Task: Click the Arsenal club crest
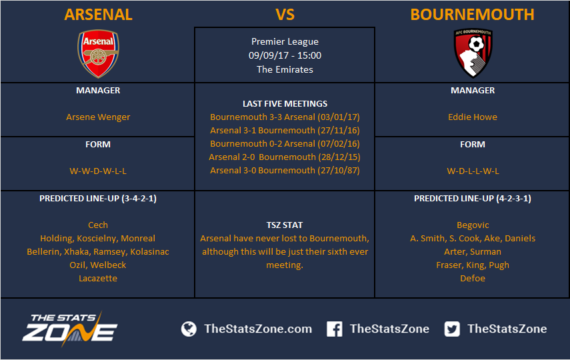[98, 54]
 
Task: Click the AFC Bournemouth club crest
[473, 53]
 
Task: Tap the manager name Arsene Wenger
[98, 117]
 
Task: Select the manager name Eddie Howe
[473, 117]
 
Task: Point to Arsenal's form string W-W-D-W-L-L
[98, 171]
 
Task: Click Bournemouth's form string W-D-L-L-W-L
[473, 171]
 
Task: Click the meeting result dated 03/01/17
[285, 117]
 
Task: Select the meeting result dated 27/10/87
[285, 171]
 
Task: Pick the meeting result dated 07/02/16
[285, 143]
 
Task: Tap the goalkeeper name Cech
[98, 225]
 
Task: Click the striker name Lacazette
[98, 279]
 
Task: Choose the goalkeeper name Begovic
[473, 225]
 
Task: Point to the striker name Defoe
[473, 279]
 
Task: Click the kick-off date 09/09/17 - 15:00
[285, 55]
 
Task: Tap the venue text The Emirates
[285, 69]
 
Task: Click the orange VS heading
[285, 15]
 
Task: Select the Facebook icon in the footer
[334, 329]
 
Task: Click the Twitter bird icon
[452, 329]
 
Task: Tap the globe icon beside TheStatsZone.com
[189, 329]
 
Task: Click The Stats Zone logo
[70, 329]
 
